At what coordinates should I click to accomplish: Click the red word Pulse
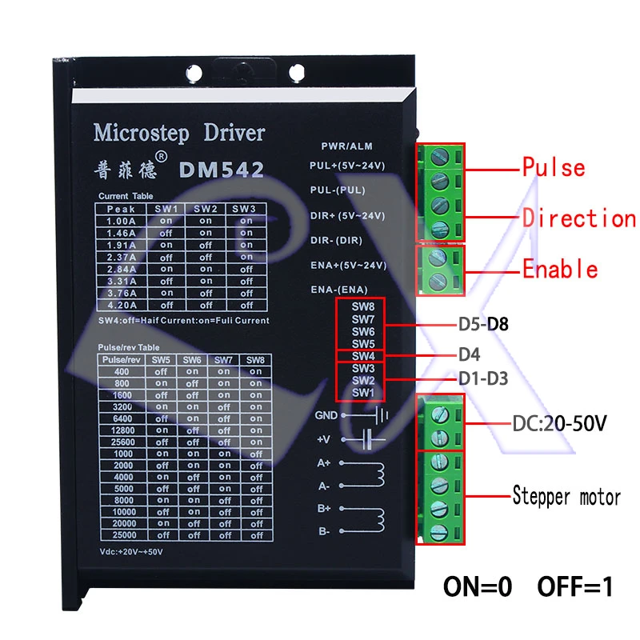(554, 167)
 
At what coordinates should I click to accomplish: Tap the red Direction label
(578, 218)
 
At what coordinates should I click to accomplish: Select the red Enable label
(560, 269)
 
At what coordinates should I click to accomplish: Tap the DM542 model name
(222, 170)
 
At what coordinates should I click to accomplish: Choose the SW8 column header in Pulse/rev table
(254, 359)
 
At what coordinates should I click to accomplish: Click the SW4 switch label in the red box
(362, 355)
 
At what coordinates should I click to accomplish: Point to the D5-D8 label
(483, 324)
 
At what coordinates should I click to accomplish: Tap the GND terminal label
(326, 416)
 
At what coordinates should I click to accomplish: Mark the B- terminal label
(324, 531)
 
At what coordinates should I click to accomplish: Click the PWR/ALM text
(347, 146)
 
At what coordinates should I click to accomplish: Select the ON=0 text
(478, 587)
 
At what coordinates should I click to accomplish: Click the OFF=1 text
(574, 587)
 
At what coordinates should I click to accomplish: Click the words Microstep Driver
(178, 132)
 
